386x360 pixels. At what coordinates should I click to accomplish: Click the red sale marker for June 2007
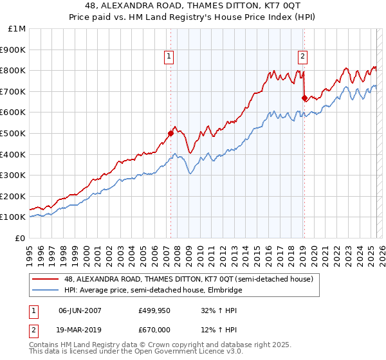170,134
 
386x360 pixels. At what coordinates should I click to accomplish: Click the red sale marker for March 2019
304,98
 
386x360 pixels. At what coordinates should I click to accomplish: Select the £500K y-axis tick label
14,133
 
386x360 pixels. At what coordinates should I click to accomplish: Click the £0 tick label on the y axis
20,238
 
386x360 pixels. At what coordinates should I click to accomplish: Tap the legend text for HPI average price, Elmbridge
152,290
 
